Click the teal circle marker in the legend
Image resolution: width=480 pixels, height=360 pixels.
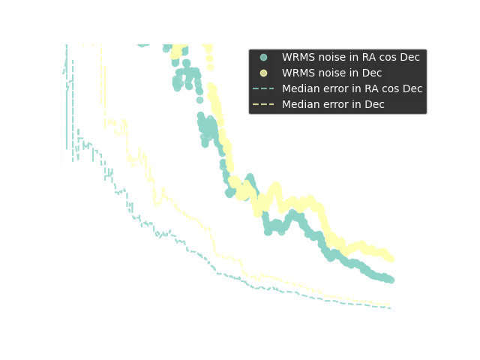pos(263,58)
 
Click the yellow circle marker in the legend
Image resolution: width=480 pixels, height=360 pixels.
pos(263,73)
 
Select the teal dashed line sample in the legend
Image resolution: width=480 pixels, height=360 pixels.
pos(263,89)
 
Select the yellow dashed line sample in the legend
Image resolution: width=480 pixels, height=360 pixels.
pos(263,105)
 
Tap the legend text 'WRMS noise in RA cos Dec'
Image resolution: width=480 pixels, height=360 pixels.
pos(350,58)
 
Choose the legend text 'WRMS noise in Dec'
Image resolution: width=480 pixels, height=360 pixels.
pos(331,73)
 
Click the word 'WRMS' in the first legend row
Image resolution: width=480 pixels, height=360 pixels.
pos(298,58)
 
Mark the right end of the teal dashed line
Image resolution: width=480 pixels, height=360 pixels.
pos(390,307)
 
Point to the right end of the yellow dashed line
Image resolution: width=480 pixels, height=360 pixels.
pos(390,305)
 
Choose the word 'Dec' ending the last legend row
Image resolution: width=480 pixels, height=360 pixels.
pos(373,105)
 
